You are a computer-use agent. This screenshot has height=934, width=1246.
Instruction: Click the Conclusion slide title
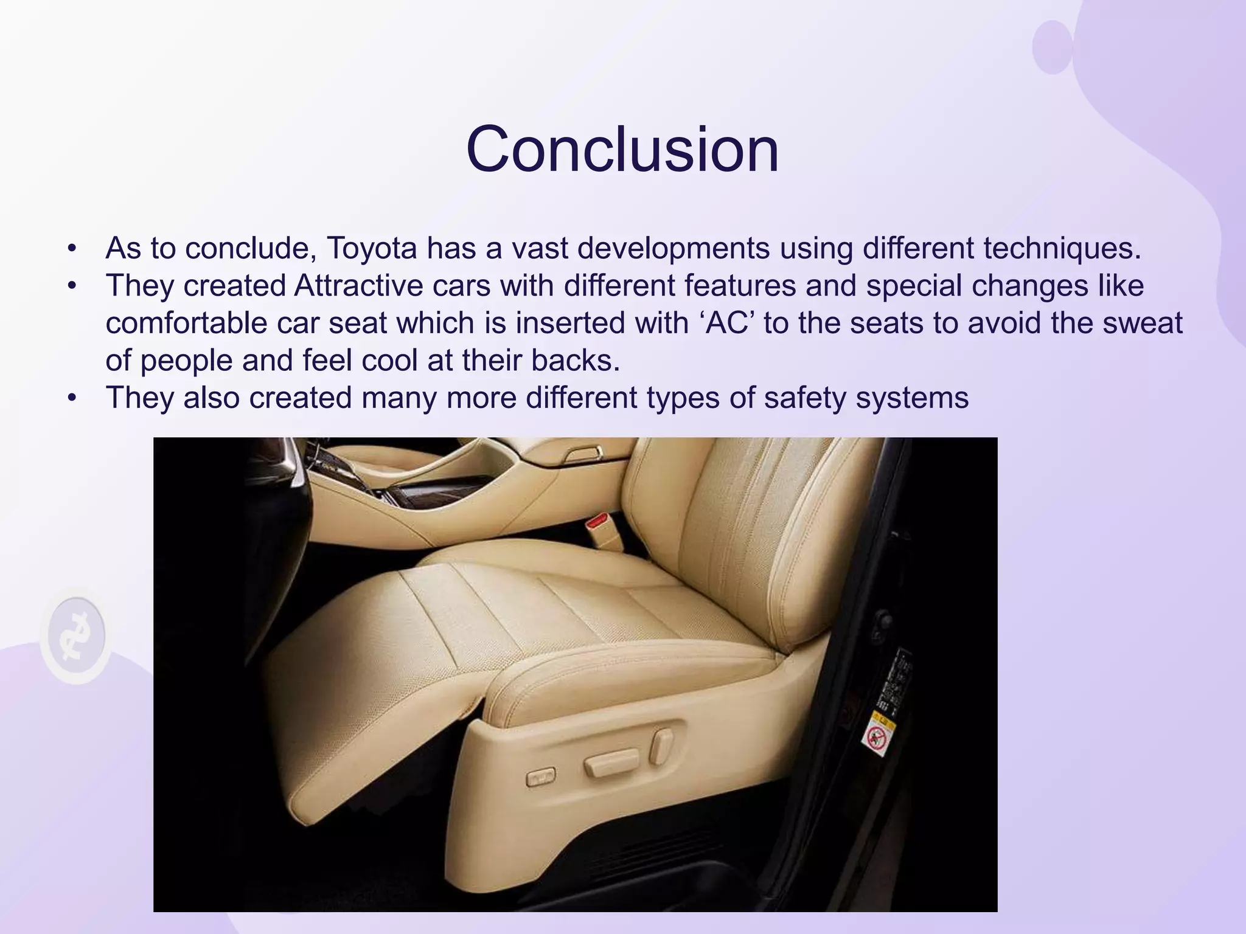coord(622,150)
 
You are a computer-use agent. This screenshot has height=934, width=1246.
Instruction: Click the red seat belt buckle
coord(597,522)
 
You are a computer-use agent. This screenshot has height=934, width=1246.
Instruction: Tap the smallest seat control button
coord(540,777)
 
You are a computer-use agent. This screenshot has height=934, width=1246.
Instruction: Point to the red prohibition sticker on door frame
coord(875,738)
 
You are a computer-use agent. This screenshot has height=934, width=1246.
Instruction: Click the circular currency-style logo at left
coord(77,636)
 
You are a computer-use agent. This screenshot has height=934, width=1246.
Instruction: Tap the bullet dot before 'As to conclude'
coord(73,249)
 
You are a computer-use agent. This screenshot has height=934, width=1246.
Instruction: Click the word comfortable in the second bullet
coord(186,323)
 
